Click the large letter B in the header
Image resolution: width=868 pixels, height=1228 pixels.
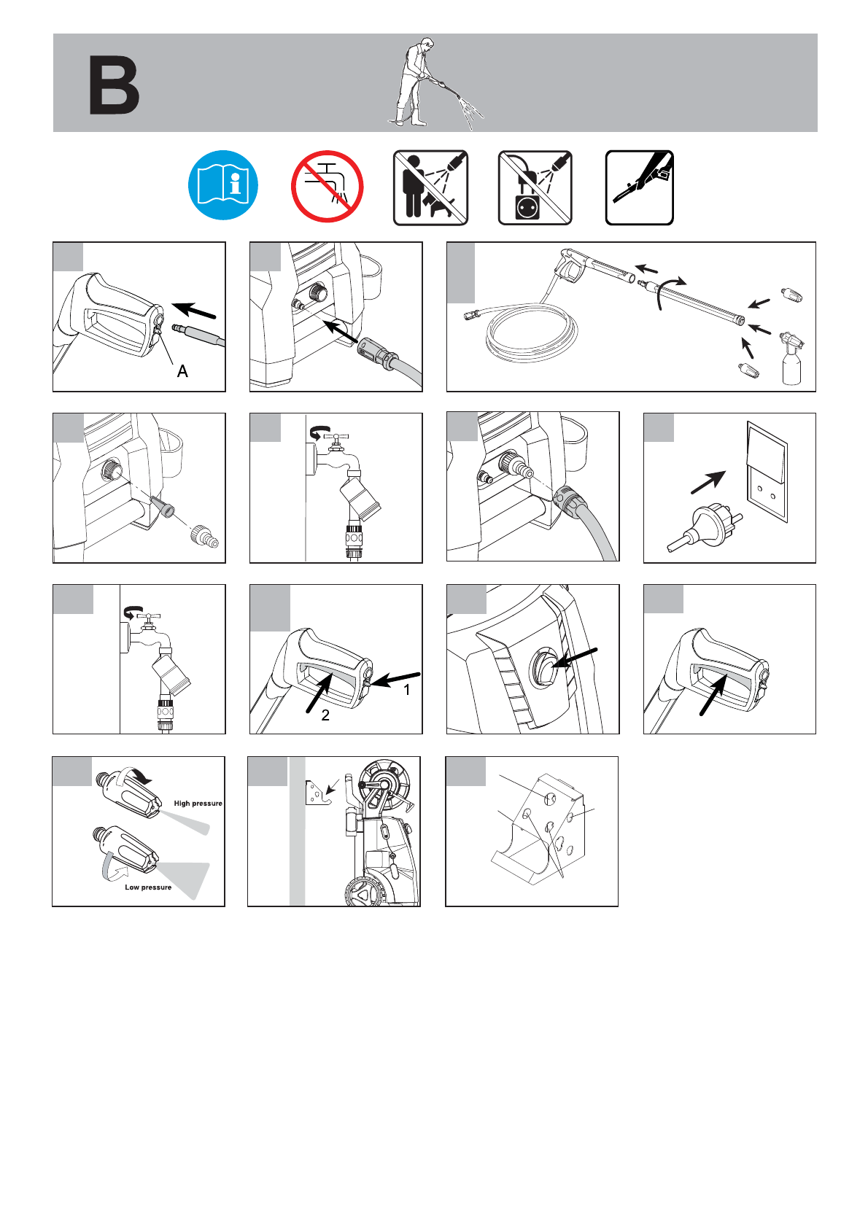point(114,85)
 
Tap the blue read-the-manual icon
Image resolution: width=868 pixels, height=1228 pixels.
point(223,185)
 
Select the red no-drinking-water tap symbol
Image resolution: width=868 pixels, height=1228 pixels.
point(328,187)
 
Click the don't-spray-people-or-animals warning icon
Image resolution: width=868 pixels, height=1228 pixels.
point(430,187)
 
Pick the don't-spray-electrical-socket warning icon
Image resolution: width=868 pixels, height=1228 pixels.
point(535,187)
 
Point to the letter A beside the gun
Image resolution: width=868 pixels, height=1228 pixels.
point(182,372)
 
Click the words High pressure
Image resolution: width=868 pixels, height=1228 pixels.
point(198,803)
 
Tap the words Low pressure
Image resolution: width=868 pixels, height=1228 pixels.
point(148,887)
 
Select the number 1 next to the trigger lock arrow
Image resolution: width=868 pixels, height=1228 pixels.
point(407,690)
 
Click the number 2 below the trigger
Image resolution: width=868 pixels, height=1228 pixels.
point(325,715)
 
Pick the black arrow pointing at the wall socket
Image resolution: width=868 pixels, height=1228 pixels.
point(708,482)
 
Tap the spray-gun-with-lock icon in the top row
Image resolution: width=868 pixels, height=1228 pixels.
point(640,187)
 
